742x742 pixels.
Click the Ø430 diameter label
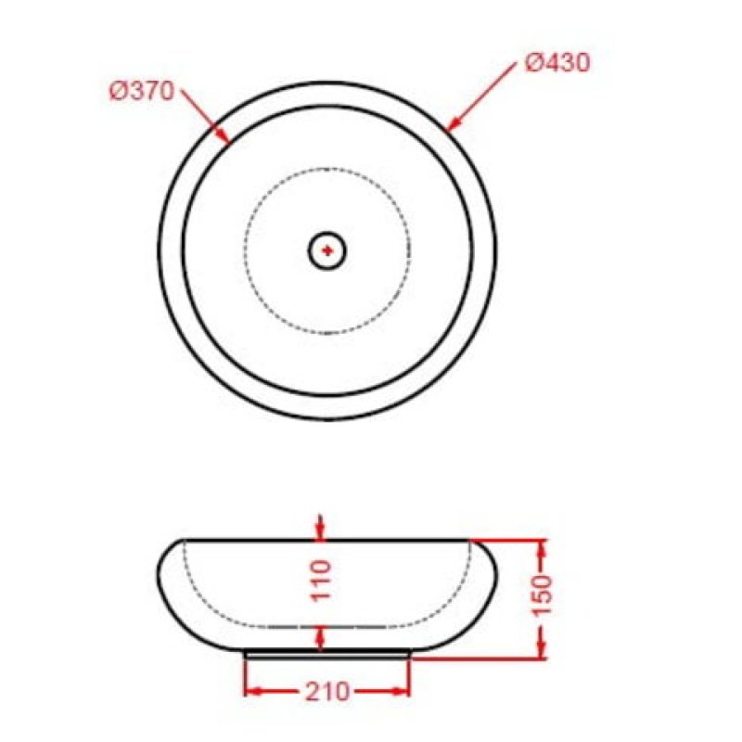tap(557, 63)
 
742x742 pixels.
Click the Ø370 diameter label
tap(142, 91)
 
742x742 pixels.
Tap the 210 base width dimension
tap(326, 691)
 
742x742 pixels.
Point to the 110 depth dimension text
tap(321, 581)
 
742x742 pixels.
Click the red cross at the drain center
tap(327, 250)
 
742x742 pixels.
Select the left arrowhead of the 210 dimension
tap(253, 692)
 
